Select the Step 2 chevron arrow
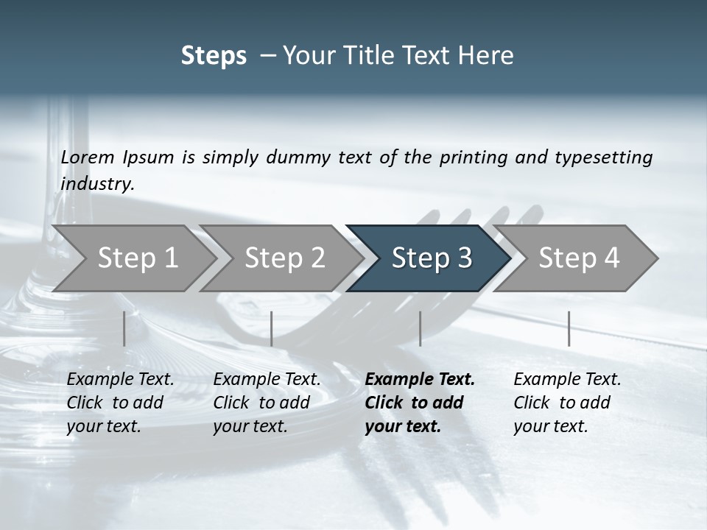(x=284, y=258)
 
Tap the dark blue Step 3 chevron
(x=432, y=258)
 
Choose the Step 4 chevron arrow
(x=579, y=258)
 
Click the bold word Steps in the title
(x=214, y=56)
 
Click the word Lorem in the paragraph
(x=88, y=158)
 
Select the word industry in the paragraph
(x=97, y=184)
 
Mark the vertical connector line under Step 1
(x=124, y=328)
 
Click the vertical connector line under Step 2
(x=272, y=328)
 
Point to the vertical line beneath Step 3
(x=420, y=328)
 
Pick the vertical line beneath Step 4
(x=569, y=328)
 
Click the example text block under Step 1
(x=120, y=403)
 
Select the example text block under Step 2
(x=267, y=403)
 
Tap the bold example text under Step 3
(x=420, y=403)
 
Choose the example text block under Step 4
(x=567, y=403)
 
